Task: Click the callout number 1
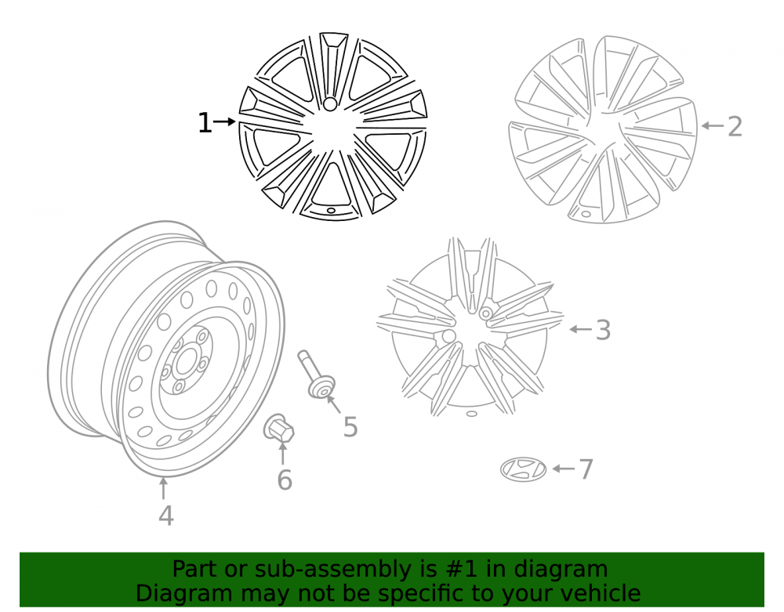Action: click(x=205, y=123)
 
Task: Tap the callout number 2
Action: click(x=735, y=126)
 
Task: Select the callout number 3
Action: click(x=604, y=330)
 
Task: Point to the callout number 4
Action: click(x=166, y=516)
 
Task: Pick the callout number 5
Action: click(x=350, y=427)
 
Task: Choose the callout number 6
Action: click(x=285, y=480)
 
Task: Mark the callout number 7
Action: click(x=586, y=469)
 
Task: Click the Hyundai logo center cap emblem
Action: click(x=523, y=469)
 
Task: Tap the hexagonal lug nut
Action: click(x=278, y=428)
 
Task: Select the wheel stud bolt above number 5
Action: click(x=316, y=375)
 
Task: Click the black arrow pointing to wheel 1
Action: click(x=224, y=121)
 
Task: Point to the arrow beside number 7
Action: click(x=564, y=469)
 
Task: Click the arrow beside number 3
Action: click(x=581, y=329)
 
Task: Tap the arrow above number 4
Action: click(x=163, y=489)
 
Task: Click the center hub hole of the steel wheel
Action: click(x=187, y=360)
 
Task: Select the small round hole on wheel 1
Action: click(x=330, y=104)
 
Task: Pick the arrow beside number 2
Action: click(x=713, y=125)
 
